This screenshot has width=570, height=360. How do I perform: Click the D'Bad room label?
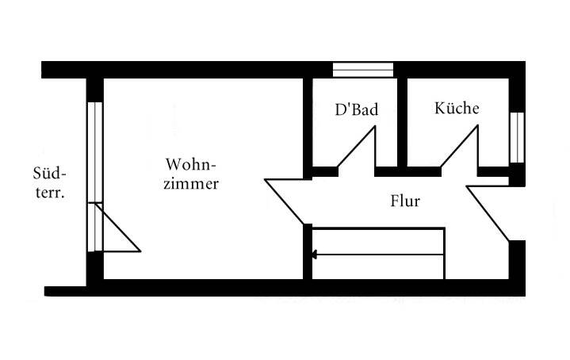pyautogui.click(x=356, y=110)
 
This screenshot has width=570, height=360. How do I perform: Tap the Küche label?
pyautogui.click(x=457, y=109)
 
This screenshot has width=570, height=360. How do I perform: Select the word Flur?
pyautogui.click(x=405, y=201)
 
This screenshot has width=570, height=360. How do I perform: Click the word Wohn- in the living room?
pyautogui.click(x=191, y=164)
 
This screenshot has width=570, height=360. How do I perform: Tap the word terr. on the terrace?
pyautogui.click(x=49, y=192)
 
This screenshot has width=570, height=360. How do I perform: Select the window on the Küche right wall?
pyautogui.click(x=517, y=136)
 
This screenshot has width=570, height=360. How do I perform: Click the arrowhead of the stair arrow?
pyautogui.click(x=316, y=255)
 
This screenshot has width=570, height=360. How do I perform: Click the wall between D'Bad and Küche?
pyautogui.click(x=402, y=123)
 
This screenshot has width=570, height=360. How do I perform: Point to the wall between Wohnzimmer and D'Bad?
pyautogui.click(x=308, y=123)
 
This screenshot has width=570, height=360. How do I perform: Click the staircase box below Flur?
pyautogui.click(x=378, y=253)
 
